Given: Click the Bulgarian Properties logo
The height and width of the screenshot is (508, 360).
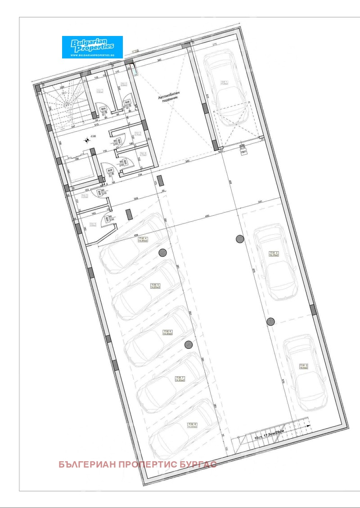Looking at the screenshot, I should (x=92, y=47).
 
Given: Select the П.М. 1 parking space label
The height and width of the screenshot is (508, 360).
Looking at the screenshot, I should (x=224, y=83).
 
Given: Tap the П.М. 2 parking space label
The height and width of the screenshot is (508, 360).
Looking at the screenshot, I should (x=274, y=254).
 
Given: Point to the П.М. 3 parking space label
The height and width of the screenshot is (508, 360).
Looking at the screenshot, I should (x=304, y=366).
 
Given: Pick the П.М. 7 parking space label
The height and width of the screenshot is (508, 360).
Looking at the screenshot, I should (x=180, y=379).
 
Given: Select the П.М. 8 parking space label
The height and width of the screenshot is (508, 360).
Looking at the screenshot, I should (x=192, y=425).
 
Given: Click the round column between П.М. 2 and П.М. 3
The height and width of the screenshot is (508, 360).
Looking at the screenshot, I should (x=270, y=321).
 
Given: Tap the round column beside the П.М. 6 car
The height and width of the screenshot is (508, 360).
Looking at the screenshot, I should (x=189, y=345).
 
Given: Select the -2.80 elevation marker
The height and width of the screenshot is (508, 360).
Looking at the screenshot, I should (x=93, y=135).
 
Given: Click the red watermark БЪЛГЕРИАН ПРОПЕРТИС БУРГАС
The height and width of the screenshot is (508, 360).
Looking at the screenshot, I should (x=138, y=464).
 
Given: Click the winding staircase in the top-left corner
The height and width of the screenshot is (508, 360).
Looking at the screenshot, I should (x=62, y=104).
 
